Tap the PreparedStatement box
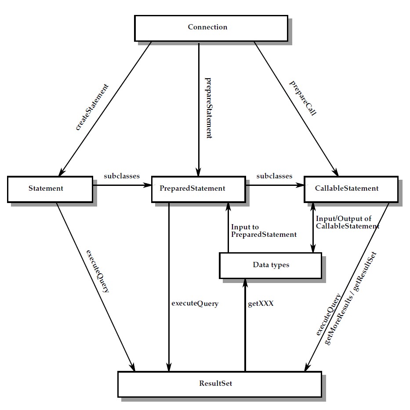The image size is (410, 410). (198, 189)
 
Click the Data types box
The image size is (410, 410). (270, 265)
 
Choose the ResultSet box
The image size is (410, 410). (219, 384)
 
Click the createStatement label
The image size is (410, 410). (92, 106)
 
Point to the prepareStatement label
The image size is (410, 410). (209, 108)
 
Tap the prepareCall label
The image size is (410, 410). (303, 98)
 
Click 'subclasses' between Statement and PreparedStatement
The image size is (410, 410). (122, 176)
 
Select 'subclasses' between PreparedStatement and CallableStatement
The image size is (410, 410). (274, 176)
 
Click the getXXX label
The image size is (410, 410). (261, 303)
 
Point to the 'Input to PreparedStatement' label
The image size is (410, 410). (264, 231)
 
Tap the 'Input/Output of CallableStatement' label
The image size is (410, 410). (347, 222)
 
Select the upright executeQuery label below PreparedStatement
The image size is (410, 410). (195, 303)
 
